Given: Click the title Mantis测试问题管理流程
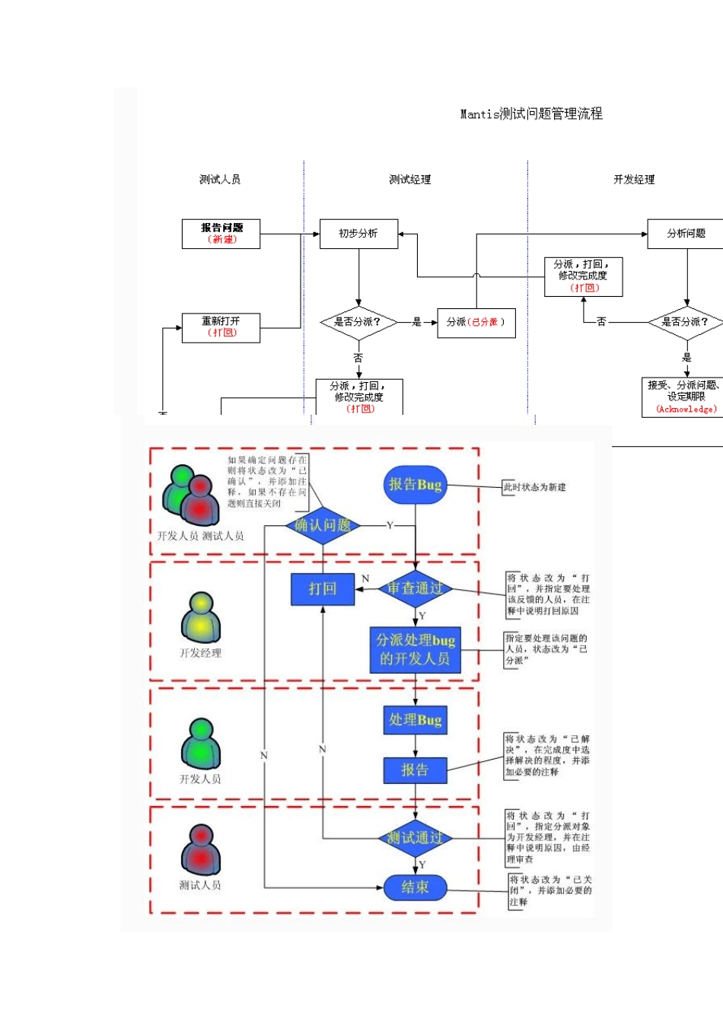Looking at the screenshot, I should (x=530, y=114).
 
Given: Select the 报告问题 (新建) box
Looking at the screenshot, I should (x=221, y=234).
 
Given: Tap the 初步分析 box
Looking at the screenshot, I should (x=358, y=234).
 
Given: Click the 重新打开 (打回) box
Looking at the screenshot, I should (x=221, y=327).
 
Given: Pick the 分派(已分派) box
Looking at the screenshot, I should (x=476, y=322).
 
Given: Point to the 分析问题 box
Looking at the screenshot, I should (x=686, y=234).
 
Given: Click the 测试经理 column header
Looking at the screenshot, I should (x=409, y=180).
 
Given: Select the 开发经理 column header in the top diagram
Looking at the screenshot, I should (x=634, y=180).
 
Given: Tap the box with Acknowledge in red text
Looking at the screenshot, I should (x=685, y=397).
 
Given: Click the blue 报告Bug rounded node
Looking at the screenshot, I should (x=415, y=485).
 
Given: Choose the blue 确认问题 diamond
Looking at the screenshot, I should (x=323, y=525).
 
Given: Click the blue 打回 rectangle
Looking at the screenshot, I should (x=323, y=588).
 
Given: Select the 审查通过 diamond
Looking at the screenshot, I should (x=415, y=588).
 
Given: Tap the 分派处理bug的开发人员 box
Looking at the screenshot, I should (x=415, y=649).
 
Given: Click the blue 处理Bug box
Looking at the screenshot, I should (x=415, y=720).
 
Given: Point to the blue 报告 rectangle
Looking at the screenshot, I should (x=415, y=770).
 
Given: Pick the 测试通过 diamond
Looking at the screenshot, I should (x=415, y=838).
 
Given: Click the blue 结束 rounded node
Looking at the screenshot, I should (x=415, y=888).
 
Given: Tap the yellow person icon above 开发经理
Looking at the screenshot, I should (x=200, y=617).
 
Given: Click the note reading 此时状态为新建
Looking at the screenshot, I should (x=534, y=487).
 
